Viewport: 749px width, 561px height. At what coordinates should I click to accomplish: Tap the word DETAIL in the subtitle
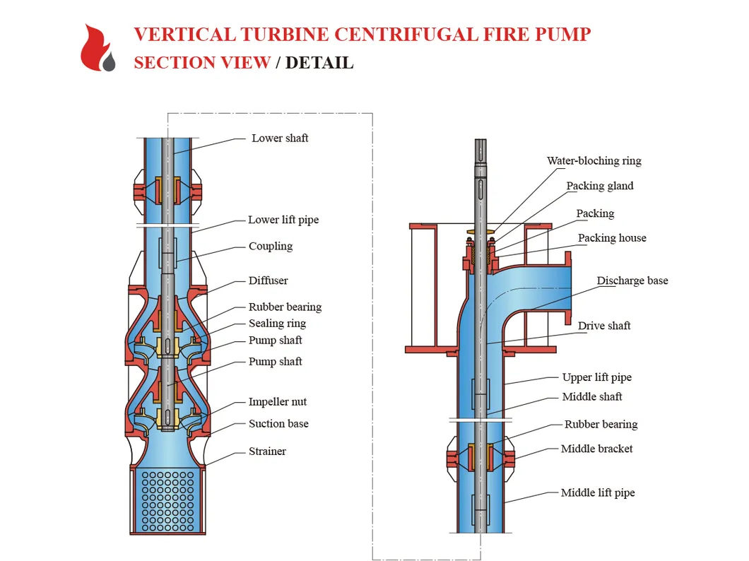[x=319, y=62]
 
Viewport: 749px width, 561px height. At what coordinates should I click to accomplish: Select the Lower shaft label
[x=280, y=138]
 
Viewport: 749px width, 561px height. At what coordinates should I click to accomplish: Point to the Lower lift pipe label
[x=283, y=220]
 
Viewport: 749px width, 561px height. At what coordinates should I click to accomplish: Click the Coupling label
[x=271, y=247]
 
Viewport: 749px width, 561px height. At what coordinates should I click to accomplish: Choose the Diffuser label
[x=269, y=280]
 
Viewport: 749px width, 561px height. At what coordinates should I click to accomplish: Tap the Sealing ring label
[x=277, y=324]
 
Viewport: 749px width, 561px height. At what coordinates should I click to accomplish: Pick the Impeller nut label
[x=278, y=402]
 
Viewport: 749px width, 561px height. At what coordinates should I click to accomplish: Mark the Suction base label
[x=278, y=424]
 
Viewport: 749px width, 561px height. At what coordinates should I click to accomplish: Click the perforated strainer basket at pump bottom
[x=167, y=498]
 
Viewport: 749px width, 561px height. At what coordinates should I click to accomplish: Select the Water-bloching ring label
[x=594, y=161]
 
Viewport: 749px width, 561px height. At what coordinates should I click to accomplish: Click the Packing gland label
[x=600, y=187]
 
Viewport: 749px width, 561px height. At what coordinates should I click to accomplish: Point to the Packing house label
[x=612, y=238]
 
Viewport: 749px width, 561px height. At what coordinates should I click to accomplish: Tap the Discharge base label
[x=632, y=280]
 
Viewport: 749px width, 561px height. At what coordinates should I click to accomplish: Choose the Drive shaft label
[x=604, y=326]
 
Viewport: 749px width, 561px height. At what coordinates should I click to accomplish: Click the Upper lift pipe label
[x=597, y=377]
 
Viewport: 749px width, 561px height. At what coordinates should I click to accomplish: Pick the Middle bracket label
[x=597, y=449]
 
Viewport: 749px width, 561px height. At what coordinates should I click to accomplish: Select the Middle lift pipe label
[x=598, y=492]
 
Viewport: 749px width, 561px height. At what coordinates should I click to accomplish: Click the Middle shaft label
[x=592, y=397]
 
